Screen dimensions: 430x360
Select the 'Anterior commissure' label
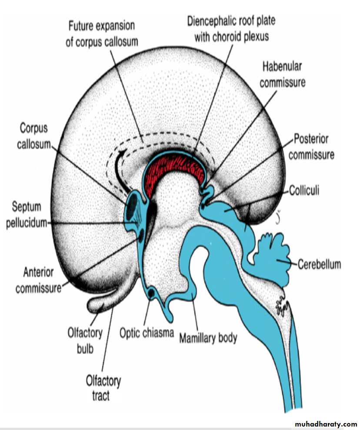(x=38, y=280)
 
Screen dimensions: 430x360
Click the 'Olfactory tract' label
(x=103, y=389)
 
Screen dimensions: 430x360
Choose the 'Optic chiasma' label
(x=147, y=334)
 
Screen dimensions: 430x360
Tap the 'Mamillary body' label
(x=208, y=337)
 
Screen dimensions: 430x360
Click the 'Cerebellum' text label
(x=320, y=264)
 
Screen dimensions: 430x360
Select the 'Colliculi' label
(x=304, y=191)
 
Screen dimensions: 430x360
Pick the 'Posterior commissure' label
(x=311, y=147)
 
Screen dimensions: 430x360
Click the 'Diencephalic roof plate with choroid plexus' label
(x=231, y=28)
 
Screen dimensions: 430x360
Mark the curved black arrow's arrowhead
(x=124, y=153)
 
